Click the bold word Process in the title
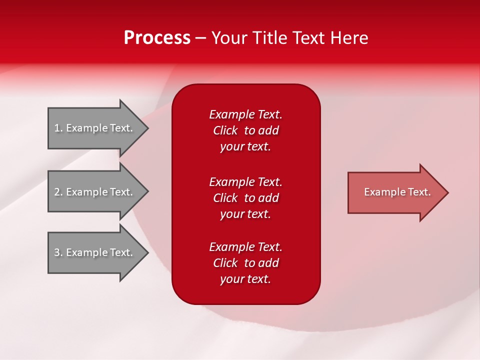pos(157,38)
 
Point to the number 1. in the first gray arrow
pos(58,128)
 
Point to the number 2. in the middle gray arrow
pos(58,192)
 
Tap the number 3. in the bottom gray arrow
pos(58,252)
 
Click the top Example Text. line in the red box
pos(245,114)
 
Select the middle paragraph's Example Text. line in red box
pos(245,182)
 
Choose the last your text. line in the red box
pos(245,279)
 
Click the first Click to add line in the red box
pos(245,130)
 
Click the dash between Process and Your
pos(200,38)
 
